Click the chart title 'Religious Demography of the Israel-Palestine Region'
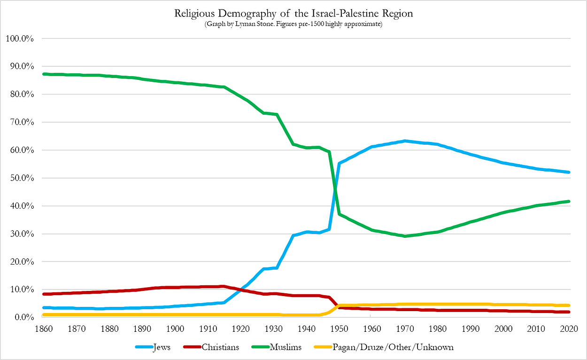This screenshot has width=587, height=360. coord(293,13)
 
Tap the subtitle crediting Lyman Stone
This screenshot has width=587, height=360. coord(293,24)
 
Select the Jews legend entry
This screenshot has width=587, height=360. coord(153,347)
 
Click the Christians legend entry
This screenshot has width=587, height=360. coord(211,347)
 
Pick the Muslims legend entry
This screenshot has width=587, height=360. coord(277,347)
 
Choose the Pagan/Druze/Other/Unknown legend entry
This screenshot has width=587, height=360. coord(384,347)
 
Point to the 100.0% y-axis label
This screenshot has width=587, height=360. coord(20,39)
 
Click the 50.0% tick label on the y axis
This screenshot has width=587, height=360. coord(22,178)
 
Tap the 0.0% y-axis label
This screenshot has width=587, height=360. coord(24,317)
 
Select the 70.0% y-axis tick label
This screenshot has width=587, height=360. coord(22,122)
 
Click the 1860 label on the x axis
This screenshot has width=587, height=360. coord(44,329)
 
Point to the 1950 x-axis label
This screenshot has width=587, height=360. coord(339,329)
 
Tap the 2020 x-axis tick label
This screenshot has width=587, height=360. coord(569,329)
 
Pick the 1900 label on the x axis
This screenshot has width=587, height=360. coord(175,329)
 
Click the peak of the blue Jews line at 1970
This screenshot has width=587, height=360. coord(405,141)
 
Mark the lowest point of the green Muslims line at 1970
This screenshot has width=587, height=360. coord(405,236)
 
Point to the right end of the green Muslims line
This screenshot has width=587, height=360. coord(569,201)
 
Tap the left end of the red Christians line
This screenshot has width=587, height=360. coord(44,294)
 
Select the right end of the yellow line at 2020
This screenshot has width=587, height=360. coord(569,305)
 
